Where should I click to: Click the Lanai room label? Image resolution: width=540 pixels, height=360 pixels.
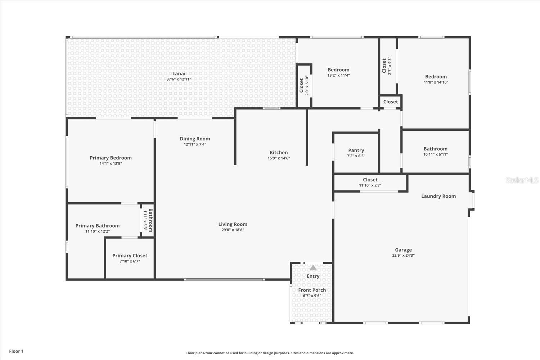[x=179, y=73]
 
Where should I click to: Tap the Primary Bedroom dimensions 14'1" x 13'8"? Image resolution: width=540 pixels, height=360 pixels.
[x=111, y=163]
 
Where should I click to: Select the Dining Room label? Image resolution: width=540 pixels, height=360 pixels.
[x=195, y=139]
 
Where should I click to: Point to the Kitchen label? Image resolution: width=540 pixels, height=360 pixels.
[x=279, y=152]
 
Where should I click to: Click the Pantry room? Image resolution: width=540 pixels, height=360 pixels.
[x=356, y=153]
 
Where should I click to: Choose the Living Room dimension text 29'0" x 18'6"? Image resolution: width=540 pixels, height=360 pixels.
[x=233, y=230]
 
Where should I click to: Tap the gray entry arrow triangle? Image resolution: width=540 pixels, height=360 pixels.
[x=313, y=267]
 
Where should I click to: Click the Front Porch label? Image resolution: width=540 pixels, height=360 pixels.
[x=312, y=290]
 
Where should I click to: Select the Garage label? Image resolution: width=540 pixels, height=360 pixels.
[x=403, y=250]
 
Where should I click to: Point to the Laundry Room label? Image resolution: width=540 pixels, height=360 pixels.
[x=438, y=196]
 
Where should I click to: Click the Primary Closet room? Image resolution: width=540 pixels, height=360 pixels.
[x=130, y=258]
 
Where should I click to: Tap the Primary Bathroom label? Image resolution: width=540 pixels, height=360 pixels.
[x=98, y=226]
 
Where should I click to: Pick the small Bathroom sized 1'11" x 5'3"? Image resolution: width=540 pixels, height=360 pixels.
[x=148, y=220]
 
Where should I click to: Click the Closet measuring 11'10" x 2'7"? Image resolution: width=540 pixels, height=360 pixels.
[x=370, y=182]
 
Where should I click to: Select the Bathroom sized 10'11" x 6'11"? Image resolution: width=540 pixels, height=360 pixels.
[x=435, y=152]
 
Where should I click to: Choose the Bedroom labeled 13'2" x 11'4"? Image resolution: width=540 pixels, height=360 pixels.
[x=338, y=72]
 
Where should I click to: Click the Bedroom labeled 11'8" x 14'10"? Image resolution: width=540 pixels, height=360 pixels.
[x=436, y=79]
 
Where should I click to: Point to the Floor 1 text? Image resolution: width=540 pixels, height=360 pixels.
[x=17, y=351]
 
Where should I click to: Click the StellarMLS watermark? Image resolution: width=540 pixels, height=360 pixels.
[x=522, y=180]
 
